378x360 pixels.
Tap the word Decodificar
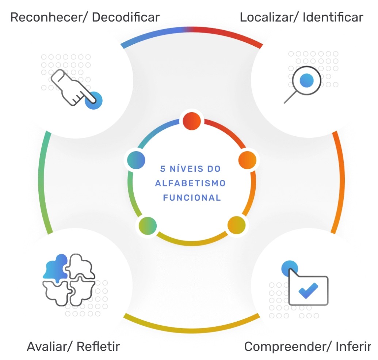[126, 18]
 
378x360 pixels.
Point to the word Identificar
[333, 18]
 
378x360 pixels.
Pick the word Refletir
[98, 346]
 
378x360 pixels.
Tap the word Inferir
[353, 346]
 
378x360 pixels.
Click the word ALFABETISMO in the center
[190, 183]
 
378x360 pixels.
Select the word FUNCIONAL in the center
[192, 198]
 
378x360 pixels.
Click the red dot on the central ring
[192, 121]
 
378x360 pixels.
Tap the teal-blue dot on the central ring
[136, 160]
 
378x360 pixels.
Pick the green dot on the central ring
[148, 226]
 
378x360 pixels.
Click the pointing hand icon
[73, 87]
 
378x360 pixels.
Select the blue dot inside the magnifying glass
[306, 80]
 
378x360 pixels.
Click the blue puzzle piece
[56, 268]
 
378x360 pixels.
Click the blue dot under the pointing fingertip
[93, 101]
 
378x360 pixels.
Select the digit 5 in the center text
[163, 168]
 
